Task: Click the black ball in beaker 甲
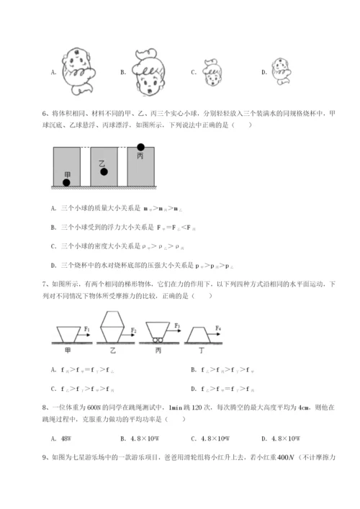click(67, 182)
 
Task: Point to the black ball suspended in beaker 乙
click(104, 172)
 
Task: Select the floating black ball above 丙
click(140, 148)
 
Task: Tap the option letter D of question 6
click(55, 265)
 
